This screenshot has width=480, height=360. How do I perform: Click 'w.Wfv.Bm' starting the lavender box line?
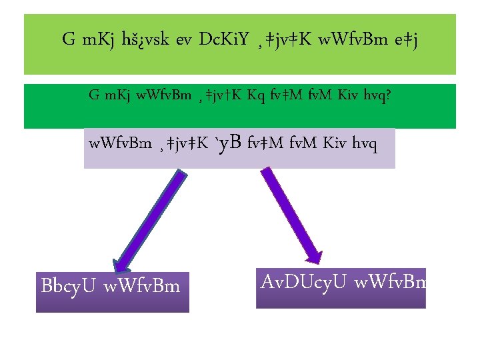click(x=119, y=143)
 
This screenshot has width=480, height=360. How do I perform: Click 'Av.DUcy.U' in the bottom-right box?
click(x=303, y=281)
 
